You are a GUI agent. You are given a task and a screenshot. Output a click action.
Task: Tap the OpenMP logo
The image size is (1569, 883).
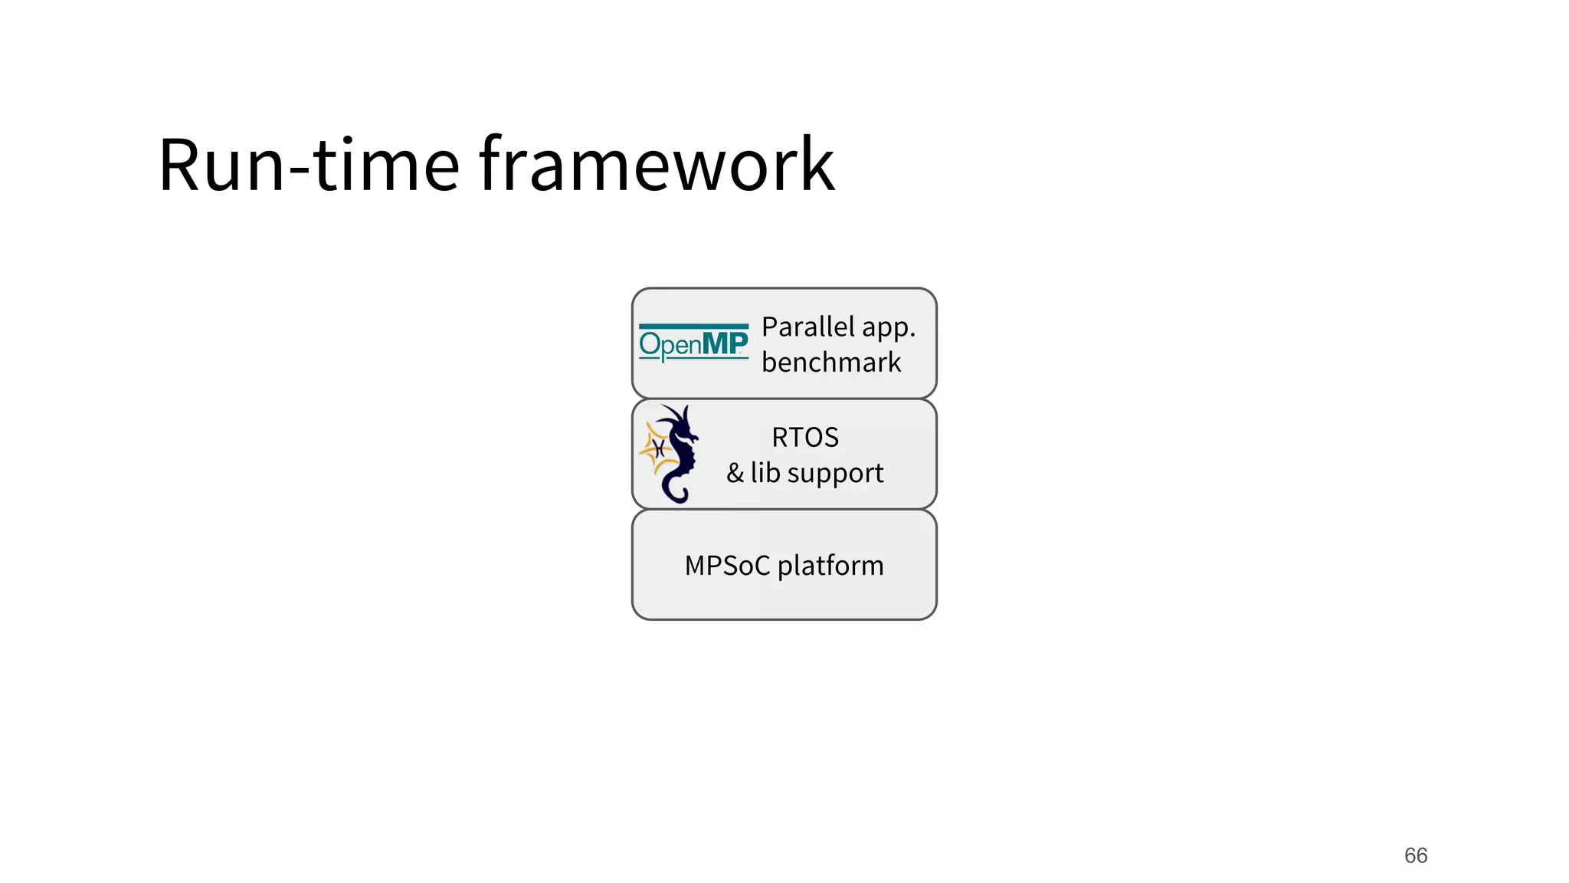(693, 343)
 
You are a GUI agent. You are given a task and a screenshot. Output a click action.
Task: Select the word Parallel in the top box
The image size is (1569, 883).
(807, 327)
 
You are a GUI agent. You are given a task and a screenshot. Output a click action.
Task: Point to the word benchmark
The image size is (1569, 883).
(831, 363)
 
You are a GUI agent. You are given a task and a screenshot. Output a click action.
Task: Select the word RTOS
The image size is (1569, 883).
(804, 438)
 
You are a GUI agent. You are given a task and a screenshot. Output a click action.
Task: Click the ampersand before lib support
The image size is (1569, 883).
(735, 473)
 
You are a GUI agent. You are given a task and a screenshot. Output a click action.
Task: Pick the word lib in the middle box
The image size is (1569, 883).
(765, 472)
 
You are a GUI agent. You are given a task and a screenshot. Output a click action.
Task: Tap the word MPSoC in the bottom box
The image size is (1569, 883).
(727, 566)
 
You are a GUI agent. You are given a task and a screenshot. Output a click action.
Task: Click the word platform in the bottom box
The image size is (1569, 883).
(830, 566)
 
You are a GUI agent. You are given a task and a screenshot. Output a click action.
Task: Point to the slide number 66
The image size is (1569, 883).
(1415, 855)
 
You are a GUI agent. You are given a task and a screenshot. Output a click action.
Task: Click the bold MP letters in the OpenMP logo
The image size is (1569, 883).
(725, 343)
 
